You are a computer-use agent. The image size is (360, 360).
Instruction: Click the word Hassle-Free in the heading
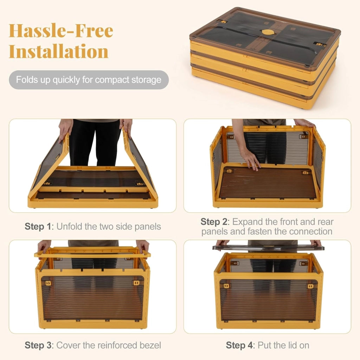pyautogui.click(x=61, y=31)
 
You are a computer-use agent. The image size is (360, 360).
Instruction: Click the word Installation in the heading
pyautogui.click(x=59, y=51)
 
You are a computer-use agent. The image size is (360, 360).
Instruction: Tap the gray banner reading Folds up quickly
pyautogui.click(x=89, y=80)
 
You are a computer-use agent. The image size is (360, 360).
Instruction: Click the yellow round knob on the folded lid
pyautogui.click(x=268, y=32)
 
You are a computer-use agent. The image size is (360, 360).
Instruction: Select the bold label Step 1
pyautogui.click(x=38, y=227)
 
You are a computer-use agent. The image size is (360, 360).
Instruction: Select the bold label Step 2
pyautogui.click(x=214, y=222)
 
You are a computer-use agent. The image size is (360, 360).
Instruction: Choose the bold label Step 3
pyautogui.click(x=38, y=345)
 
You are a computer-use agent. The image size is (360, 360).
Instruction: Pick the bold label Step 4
pyautogui.click(x=239, y=345)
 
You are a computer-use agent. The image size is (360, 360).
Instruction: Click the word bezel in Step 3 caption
pyautogui.click(x=149, y=345)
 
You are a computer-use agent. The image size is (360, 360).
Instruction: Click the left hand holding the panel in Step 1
pyautogui.click(x=65, y=129)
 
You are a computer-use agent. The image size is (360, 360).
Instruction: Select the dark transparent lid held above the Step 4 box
pyautogui.click(x=268, y=247)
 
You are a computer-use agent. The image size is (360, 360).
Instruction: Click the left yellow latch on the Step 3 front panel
pyautogui.click(x=48, y=283)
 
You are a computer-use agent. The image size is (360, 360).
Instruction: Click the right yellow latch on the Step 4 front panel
pyautogui.click(x=310, y=286)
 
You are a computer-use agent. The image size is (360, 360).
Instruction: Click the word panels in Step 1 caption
pyautogui.click(x=148, y=227)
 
